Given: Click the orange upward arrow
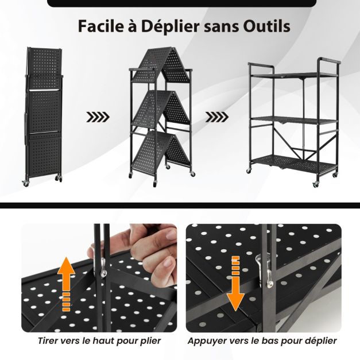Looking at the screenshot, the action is point(66,284).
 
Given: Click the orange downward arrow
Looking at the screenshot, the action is point(236,284).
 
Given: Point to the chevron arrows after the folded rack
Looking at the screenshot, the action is point(98,117).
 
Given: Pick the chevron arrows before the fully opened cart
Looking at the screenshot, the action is point(217,117).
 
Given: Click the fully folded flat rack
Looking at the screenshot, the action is point(44,115).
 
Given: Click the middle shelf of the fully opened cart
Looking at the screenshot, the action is point(295,121).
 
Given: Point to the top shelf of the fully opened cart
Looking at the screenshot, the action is point(295,75).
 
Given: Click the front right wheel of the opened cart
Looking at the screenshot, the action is point(315,184).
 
